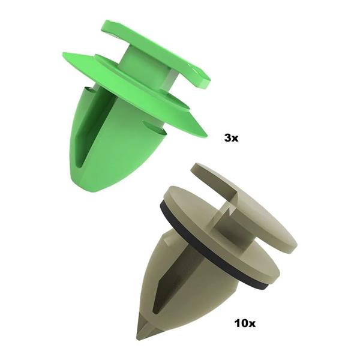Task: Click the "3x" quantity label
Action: click(x=231, y=138)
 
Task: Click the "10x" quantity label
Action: click(x=245, y=323)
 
